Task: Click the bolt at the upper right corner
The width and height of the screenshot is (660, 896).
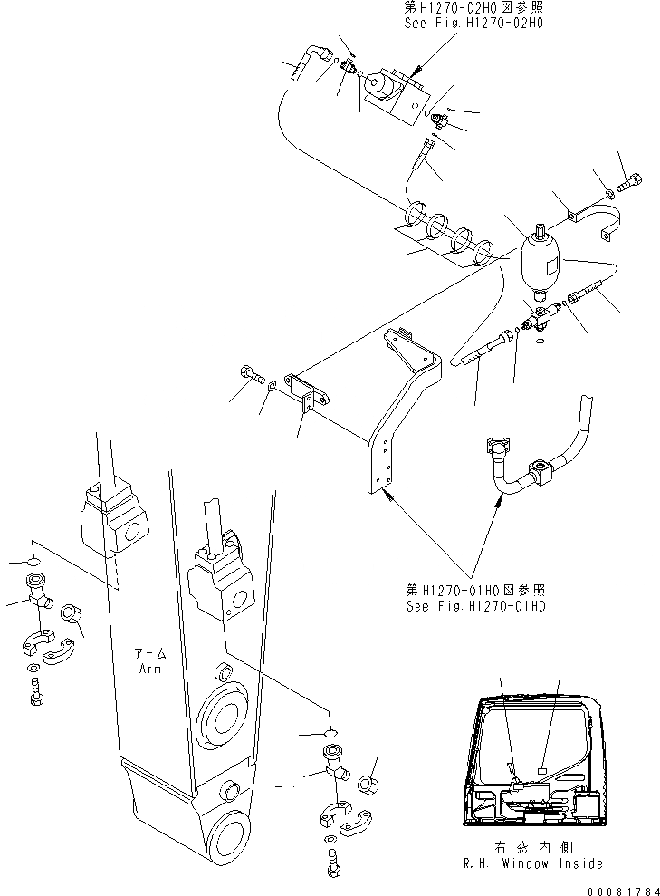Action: point(629,188)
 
